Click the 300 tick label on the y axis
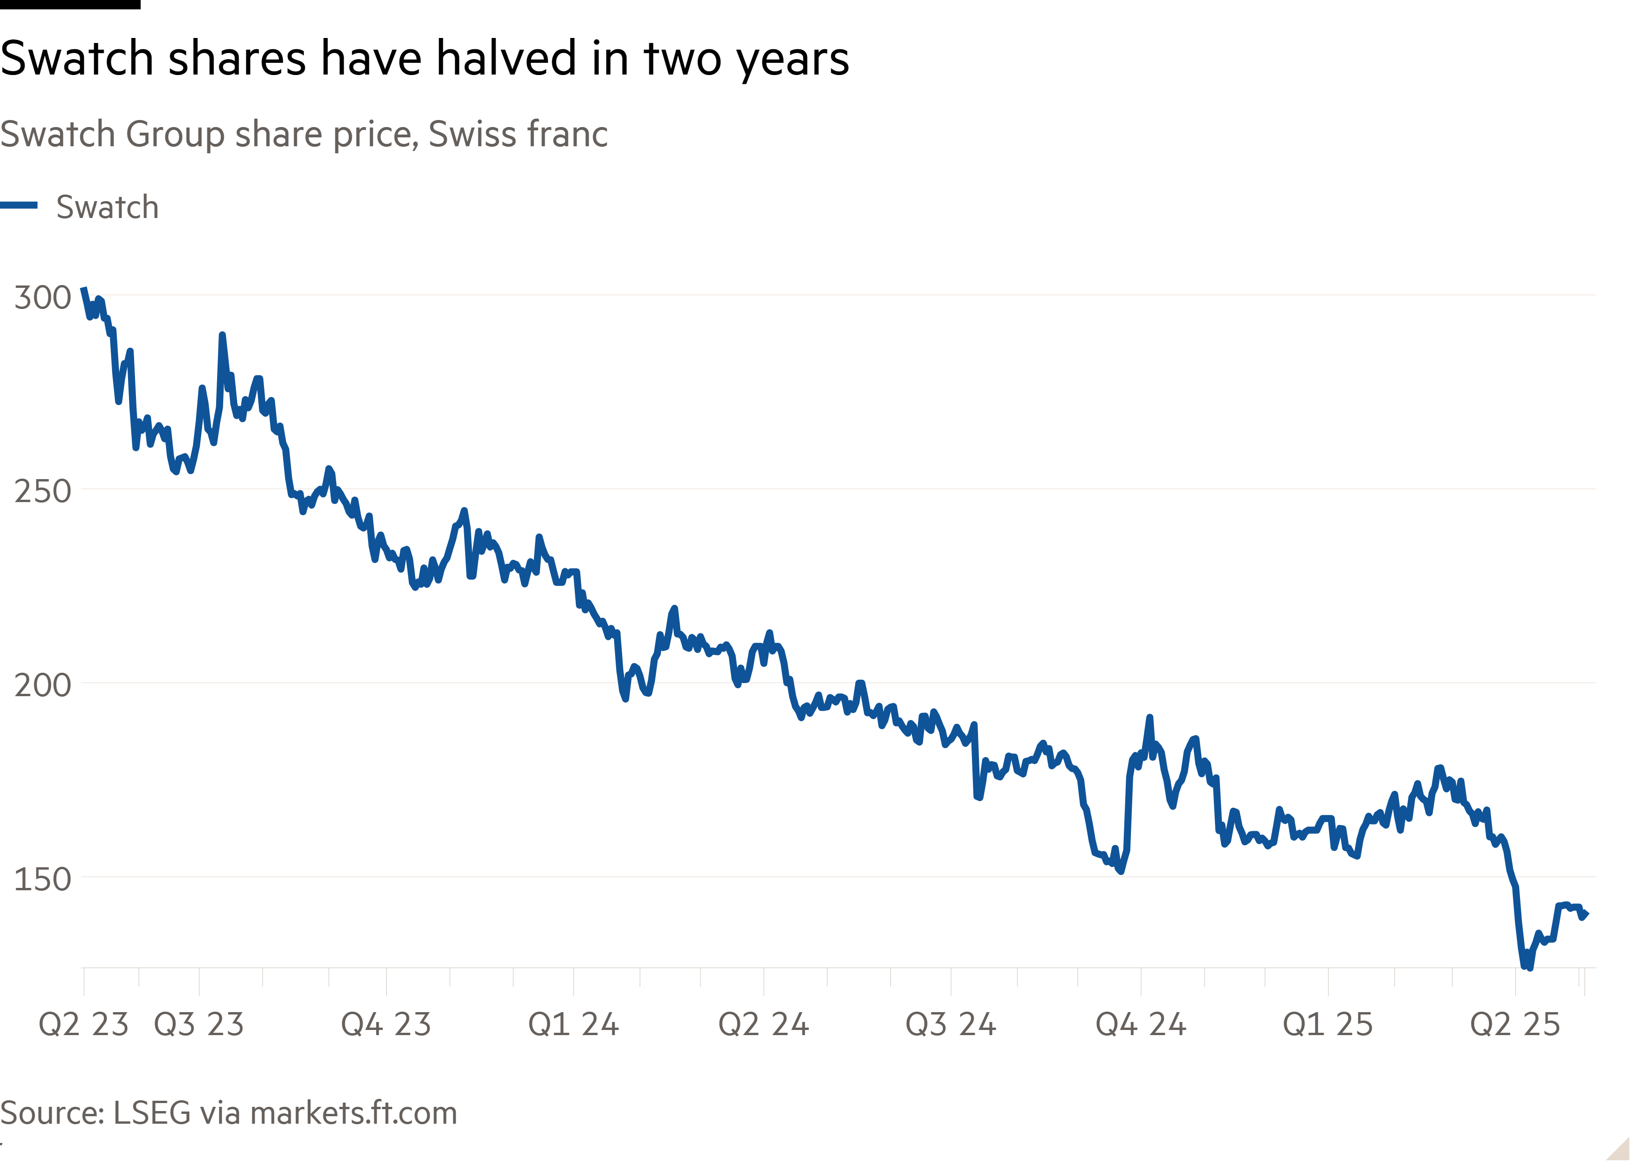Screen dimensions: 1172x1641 click(x=42, y=297)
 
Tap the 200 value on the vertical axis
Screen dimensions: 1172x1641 click(x=42, y=685)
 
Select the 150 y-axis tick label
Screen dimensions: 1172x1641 click(x=42, y=879)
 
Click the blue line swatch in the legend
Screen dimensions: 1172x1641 click(x=19, y=206)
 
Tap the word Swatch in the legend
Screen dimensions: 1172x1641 click(x=107, y=207)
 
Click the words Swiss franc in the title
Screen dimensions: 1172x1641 click(x=518, y=134)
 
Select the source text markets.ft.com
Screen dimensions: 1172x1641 click(x=354, y=1113)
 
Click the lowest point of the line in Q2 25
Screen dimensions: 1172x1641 click(x=1527, y=966)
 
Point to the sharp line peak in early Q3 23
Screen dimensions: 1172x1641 click(x=222, y=336)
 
